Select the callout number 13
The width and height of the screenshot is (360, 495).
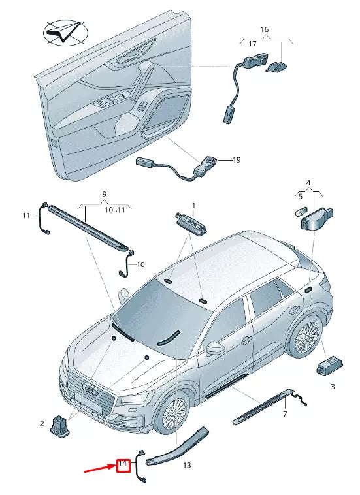(x=187, y=466)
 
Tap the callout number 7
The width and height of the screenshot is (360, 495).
(x=284, y=414)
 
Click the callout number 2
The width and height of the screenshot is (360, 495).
(x=42, y=424)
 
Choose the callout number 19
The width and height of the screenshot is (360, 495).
(x=237, y=159)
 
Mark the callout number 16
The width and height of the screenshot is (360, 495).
(x=264, y=29)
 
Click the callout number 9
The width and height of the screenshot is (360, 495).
(x=103, y=194)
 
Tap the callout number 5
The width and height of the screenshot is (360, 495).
(x=300, y=195)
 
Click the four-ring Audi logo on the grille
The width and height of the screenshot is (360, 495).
(x=89, y=389)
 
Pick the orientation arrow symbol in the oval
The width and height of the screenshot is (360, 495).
(x=63, y=32)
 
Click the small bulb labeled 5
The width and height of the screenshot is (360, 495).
(x=301, y=211)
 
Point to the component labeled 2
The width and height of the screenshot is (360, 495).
(x=61, y=425)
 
